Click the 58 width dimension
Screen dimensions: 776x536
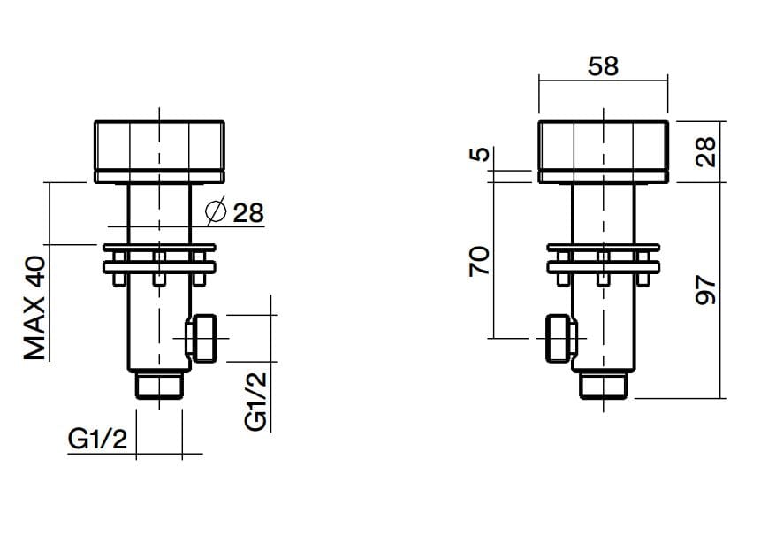coord(603,66)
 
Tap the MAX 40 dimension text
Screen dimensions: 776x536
coord(35,308)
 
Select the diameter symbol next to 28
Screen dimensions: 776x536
coord(216,211)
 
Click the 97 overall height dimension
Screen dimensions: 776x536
coord(705,290)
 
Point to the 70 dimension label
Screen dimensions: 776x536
coord(479,261)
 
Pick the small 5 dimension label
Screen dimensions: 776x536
coord(479,155)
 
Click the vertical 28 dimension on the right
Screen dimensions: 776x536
coord(705,151)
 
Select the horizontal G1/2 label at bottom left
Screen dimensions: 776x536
coord(97,439)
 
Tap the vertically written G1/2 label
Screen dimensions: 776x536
coord(255,401)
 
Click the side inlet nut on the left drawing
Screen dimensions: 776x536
coord(202,338)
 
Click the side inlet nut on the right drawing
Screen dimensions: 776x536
coord(560,338)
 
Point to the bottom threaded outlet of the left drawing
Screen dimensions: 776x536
coord(159,385)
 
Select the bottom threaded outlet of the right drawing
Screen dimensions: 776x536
coord(604,385)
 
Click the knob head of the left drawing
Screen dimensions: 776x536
coord(159,151)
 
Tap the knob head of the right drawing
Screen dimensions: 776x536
coord(604,151)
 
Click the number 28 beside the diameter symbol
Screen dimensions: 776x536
coord(248,213)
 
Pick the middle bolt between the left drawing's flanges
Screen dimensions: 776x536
coord(158,269)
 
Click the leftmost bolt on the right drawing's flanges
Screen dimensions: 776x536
coord(563,269)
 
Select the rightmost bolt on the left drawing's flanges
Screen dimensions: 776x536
coord(199,269)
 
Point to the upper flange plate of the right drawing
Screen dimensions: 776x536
coord(604,248)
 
